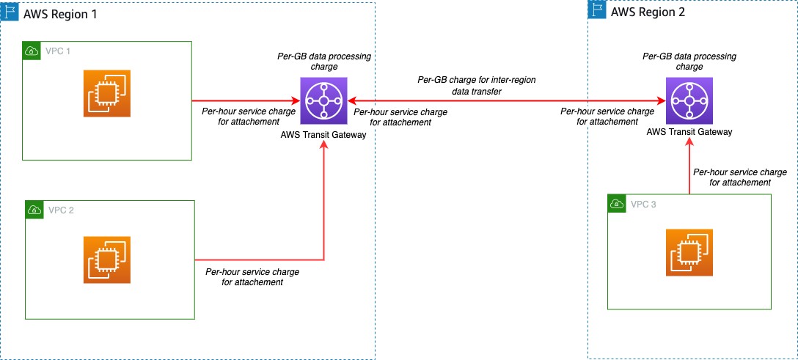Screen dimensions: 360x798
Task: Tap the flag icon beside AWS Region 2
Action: [596, 10]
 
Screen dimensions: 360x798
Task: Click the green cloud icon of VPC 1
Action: [32, 51]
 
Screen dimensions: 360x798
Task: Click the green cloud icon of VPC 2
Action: [34, 210]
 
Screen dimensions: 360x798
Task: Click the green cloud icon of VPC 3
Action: [617, 204]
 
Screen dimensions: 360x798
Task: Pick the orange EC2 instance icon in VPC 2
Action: [107, 260]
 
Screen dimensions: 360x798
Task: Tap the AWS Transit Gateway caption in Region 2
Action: [689, 131]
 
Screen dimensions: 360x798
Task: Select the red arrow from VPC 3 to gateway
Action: [689, 168]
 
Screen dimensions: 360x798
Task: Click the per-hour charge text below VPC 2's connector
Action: [252, 277]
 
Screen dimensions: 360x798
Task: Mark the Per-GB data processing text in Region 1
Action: [324, 62]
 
